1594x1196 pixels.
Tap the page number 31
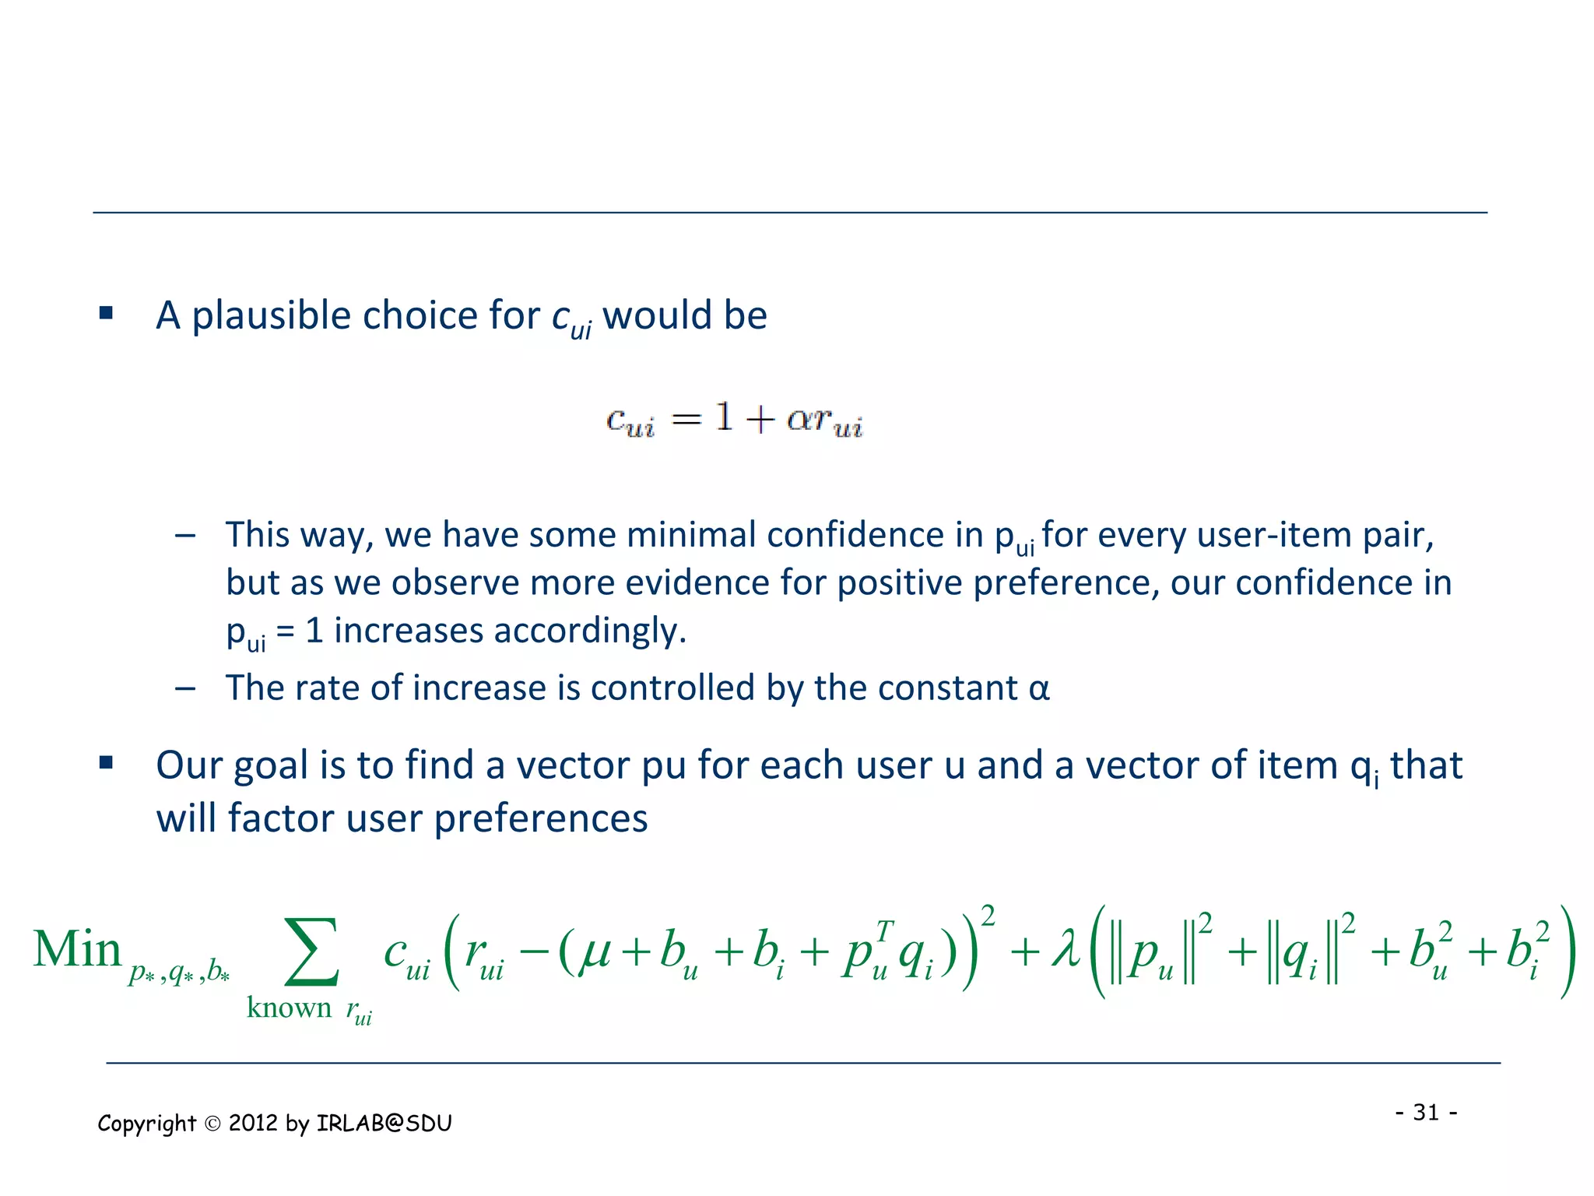point(1425,1112)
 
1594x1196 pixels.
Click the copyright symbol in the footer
point(212,1124)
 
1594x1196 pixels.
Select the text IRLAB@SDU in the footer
point(384,1123)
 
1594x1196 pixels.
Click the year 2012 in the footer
point(253,1123)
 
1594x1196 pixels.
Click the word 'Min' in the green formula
point(77,950)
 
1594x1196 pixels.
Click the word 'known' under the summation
point(289,1008)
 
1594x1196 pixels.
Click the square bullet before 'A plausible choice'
point(107,314)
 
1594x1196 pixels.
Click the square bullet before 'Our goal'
point(107,763)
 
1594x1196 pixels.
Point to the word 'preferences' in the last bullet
point(540,818)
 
